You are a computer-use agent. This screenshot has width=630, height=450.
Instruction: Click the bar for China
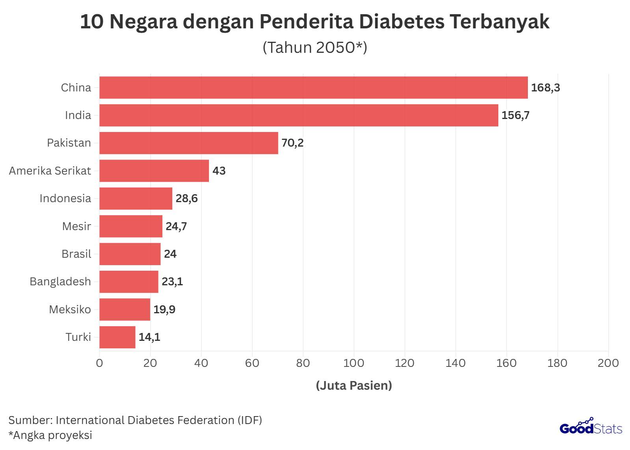click(313, 87)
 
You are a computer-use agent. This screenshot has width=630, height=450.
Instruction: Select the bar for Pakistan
click(188, 143)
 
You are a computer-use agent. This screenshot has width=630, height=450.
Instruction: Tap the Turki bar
click(117, 337)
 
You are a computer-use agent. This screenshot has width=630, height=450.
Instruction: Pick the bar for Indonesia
click(136, 199)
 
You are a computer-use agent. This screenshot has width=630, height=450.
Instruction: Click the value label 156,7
click(515, 115)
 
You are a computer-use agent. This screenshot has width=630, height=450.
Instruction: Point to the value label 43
click(219, 171)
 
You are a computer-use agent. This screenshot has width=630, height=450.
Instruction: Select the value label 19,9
click(164, 310)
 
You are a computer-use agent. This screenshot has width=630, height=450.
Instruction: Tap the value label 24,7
click(176, 227)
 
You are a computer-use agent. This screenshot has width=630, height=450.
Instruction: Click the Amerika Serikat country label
click(50, 171)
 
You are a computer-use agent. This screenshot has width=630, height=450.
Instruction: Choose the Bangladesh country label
click(60, 282)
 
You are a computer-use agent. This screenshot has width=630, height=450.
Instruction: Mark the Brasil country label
click(76, 254)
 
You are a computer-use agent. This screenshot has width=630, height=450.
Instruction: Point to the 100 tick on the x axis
click(354, 363)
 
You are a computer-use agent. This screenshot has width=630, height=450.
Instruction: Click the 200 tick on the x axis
click(608, 363)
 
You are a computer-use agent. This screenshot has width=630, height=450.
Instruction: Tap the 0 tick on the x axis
click(99, 363)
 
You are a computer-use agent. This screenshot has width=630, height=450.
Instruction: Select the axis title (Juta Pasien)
click(354, 385)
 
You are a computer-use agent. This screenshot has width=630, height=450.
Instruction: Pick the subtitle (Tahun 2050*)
click(315, 47)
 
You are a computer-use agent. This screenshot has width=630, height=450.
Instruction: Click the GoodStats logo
click(591, 427)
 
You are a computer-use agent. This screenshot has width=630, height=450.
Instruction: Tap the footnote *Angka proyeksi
click(50, 435)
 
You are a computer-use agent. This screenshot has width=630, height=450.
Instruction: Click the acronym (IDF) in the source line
click(250, 420)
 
